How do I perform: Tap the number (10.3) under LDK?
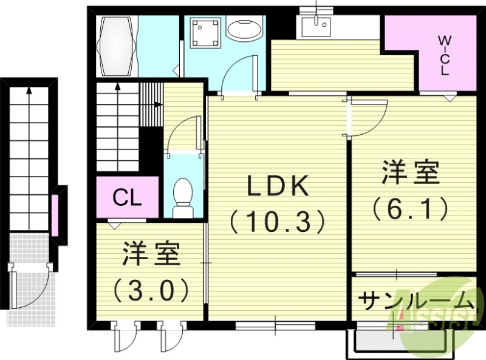[278, 222]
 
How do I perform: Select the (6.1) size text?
[411, 209]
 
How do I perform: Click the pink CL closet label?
[128, 197]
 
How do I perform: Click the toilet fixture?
[182, 197]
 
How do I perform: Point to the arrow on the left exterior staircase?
[29, 91]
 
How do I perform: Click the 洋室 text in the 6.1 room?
[411, 174]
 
